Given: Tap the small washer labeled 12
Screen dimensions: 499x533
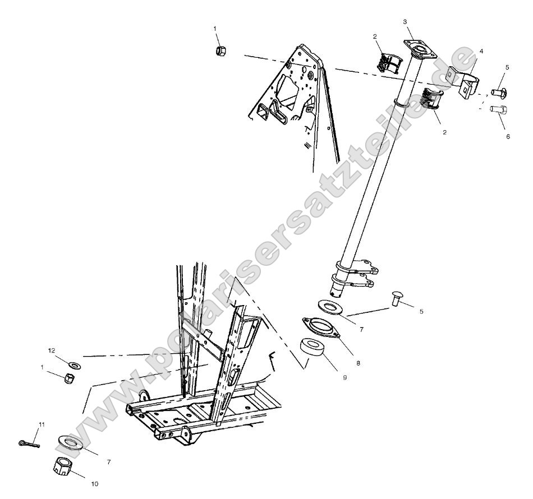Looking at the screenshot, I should point(73,365).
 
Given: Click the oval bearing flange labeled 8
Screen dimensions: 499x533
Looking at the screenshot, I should point(321,327).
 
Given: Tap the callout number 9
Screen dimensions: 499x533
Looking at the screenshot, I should point(344,377).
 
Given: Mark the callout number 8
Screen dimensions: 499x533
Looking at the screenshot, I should point(358,363).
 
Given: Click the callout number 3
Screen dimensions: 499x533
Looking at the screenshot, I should point(405,21).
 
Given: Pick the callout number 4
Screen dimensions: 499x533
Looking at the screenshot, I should point(480,51).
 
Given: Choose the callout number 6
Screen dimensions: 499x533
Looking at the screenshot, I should point(508,136).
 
